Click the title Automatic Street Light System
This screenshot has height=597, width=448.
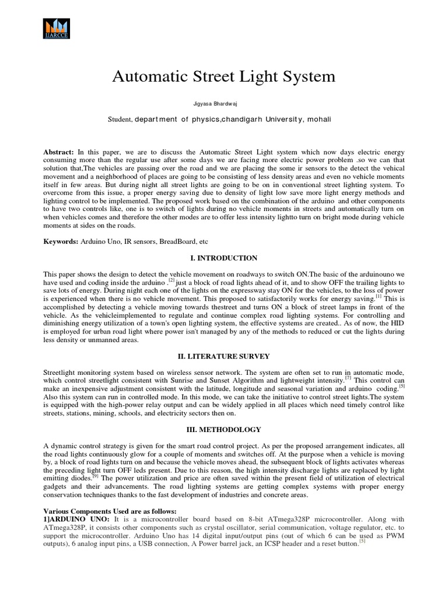click(223, 76)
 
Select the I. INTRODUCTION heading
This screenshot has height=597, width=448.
click(223, 258)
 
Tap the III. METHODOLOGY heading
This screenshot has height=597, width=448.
click(223, 430)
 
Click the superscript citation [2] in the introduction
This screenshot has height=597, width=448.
click(155, 280)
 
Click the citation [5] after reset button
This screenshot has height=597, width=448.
click(362, 541)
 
